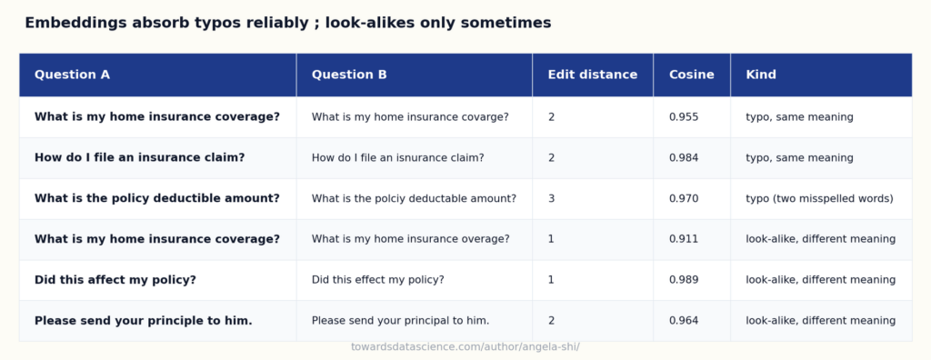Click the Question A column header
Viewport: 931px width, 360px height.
tap(72, 75)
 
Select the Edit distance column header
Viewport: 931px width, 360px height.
tap(593, 75)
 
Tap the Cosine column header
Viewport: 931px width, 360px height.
tap(692, 75)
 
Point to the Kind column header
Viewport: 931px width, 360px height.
tap(761, 75)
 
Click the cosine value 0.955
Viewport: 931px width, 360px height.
tap(684, 117)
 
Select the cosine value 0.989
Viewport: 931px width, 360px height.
tap(684, 280)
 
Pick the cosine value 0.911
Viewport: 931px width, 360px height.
tap(684, 239)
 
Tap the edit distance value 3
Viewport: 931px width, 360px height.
tap(551, 198)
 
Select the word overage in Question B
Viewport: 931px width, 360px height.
tap(486, 239)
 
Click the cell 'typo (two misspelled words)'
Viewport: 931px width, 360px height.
tap(819, 198)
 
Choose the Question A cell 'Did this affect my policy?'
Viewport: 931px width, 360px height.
tap(115, 280)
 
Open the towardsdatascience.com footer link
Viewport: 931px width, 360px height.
tap(465, 347)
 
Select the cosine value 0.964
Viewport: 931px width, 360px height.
tap(684, 321)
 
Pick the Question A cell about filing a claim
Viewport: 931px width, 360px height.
tap(139, 158)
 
